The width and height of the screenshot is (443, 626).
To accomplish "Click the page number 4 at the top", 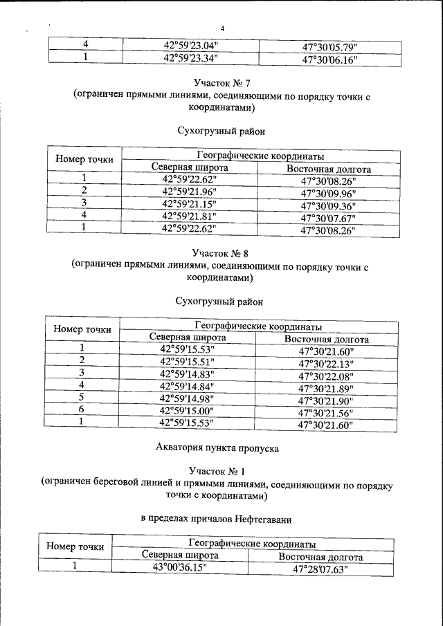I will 221,28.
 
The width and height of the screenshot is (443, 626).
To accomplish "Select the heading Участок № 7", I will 222,84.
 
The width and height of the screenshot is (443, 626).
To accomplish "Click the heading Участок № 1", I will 222,470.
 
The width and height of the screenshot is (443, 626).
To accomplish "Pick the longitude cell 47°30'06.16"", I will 329,59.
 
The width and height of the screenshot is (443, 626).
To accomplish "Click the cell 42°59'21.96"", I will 190,192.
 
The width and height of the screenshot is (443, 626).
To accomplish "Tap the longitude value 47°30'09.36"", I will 328,205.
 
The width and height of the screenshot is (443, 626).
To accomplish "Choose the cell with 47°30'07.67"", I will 328,217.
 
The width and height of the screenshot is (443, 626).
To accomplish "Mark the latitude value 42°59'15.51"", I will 188,362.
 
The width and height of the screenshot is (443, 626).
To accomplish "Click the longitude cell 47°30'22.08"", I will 326,375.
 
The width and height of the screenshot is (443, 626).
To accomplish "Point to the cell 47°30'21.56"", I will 325,412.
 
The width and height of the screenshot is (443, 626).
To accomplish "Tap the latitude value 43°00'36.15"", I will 180,567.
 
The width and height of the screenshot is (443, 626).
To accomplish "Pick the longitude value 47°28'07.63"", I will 320,569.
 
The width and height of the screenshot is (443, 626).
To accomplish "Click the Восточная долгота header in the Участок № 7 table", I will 329,169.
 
